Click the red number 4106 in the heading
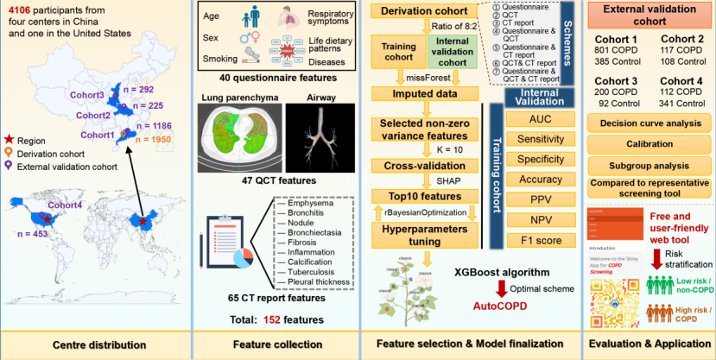point(19,10)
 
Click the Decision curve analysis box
point(648,123)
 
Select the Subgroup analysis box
point(648,164)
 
